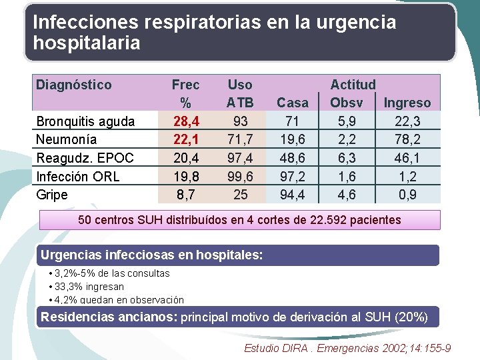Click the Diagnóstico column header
pos(74,85)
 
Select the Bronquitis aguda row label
pos(85,121)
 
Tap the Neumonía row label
pos(66,139)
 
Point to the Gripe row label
pos(52,195)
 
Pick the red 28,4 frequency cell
pos(185,121)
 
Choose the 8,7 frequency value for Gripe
pos(185,195)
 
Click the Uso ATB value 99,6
pos(240,176)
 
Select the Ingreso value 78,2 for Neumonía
pos(407,139)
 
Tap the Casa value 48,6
pos(293,158)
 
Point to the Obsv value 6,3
pos(347,158)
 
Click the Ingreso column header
pos(407,103)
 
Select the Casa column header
pos(293,103)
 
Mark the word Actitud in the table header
pos(353,85)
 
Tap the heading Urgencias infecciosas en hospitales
pos(152,255)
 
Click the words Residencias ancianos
pos(108,317)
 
